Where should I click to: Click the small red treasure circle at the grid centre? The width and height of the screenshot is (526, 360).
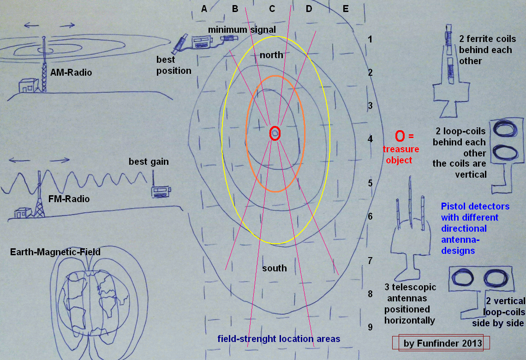(275, 133)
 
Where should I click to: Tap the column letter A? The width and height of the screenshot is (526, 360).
(204, 9)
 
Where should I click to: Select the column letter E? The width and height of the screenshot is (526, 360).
(346, 9)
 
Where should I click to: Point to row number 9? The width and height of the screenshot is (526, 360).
(370, 327)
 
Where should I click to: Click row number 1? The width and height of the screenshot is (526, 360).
(370, 40)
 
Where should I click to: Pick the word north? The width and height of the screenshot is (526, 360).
(271, 55)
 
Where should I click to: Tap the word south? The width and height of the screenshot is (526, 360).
(275, 268)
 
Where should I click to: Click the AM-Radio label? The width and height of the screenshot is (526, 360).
(71, 72)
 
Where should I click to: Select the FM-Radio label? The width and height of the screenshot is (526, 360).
(69, 199)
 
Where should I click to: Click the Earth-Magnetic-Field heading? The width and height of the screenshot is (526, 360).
(55, 252)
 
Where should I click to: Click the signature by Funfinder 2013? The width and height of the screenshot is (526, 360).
(443, 343)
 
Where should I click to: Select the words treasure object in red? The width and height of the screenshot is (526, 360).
(401, 155)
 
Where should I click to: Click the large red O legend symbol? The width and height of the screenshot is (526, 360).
(400, 136)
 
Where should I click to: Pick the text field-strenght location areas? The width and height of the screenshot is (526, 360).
(279, 339)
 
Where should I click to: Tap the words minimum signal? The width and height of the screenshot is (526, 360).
(242, 30)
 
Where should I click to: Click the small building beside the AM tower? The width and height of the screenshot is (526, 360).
(29, 85)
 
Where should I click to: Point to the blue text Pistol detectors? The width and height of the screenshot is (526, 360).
(475, 206)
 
